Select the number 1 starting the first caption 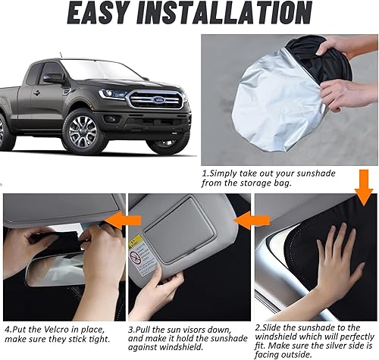(x=204, y=173)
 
